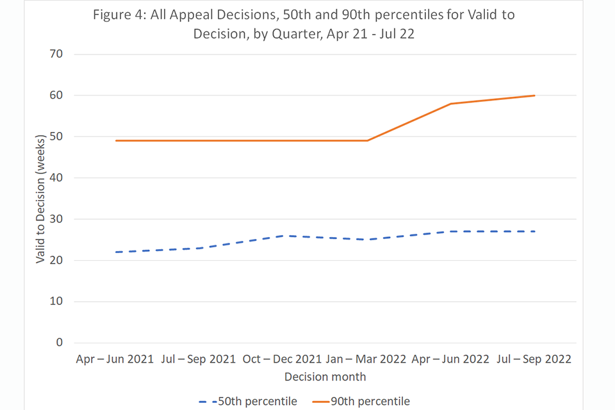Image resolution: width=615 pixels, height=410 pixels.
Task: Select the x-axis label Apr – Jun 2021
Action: tap(115, 359)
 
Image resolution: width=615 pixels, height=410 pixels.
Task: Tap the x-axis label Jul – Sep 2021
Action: tap(198, 359)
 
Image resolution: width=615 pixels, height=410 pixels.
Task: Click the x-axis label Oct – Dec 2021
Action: tap(282, 359)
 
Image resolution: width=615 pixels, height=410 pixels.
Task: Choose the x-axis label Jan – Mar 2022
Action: tap(366, 359)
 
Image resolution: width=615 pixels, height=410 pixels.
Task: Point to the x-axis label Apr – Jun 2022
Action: tap(450, 359)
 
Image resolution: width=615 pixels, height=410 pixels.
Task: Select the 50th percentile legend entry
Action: tap(249, 402)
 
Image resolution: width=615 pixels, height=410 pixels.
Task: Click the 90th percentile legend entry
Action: tap(362, 402)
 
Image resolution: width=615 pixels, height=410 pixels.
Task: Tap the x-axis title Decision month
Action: tap(325, 377)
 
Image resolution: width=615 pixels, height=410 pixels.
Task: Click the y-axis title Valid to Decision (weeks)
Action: tap(41, 199)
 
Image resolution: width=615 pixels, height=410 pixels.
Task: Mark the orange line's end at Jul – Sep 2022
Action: tap(534, 95)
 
